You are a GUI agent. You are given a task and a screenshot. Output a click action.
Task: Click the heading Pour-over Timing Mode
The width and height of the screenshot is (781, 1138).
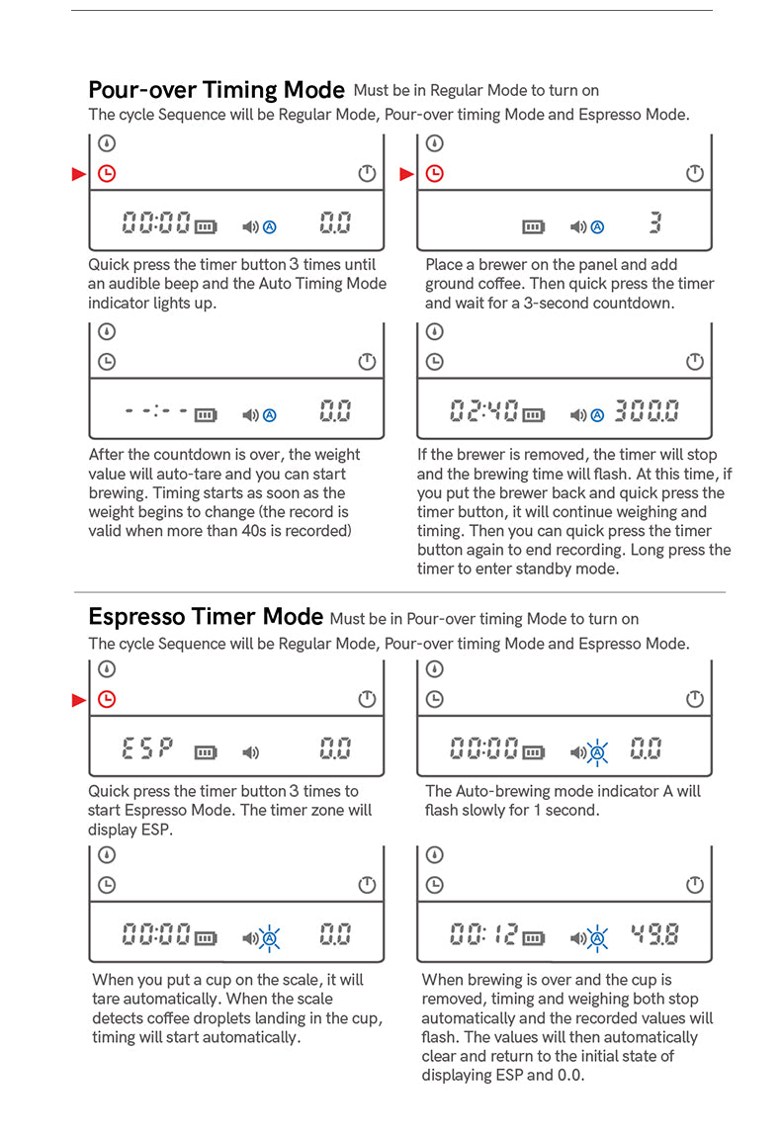click(x=217, y=90)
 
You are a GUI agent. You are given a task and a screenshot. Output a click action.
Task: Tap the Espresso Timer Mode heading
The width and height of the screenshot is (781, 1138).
click(x=206, y=617)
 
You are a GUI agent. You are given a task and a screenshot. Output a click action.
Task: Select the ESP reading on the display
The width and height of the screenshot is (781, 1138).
click(x=148, y=747)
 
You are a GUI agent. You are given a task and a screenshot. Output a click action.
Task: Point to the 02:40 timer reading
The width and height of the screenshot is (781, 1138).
click(x=483, y=410)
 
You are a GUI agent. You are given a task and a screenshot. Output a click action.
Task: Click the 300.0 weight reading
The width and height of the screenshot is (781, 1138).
click(x=647, y=410)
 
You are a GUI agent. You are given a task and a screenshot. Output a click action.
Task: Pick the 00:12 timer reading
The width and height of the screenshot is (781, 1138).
click(x=483, y=934)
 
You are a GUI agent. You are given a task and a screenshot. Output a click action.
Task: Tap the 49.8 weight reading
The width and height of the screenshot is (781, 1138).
click(x=654, y=934)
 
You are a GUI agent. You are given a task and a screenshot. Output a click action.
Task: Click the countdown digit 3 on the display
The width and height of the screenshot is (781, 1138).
click(x=655, y=222)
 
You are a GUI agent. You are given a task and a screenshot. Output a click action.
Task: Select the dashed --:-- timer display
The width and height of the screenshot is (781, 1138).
click(x=156, y=410)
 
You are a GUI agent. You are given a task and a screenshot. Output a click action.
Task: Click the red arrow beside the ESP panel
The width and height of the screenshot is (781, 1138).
click(x=79, y=700)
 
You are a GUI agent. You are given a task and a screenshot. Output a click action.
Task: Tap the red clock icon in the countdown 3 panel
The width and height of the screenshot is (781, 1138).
click(x=434, y=173)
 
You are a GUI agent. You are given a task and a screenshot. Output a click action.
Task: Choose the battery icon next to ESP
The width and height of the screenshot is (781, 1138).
click(x=206, y=752)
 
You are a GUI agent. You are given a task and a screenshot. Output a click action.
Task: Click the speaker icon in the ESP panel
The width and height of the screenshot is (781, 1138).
click(x=250, y=752)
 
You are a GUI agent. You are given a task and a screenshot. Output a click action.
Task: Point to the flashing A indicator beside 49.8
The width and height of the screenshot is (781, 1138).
click(x=597, y=938)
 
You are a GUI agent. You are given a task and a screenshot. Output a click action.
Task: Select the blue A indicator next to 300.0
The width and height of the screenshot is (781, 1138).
click(x=597, y=415)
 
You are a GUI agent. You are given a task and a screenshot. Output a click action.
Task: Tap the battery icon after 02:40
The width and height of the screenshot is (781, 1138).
click(x=534, y=415)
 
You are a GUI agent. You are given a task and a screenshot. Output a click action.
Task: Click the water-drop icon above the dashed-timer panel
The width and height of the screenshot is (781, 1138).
click(x=107, y=331)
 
